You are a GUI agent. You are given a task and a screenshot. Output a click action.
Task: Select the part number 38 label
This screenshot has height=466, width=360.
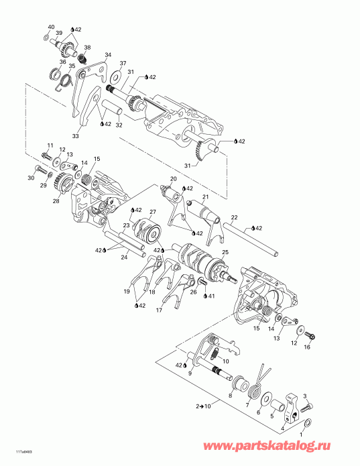[87, 48]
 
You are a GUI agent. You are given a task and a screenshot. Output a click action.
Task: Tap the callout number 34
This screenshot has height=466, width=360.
[108, 55]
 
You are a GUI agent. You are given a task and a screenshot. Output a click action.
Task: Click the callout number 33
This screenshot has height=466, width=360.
[75, 136]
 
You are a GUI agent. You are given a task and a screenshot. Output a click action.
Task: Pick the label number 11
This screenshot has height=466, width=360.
[50, 145]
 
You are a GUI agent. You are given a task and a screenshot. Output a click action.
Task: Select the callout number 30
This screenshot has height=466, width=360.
[31, 178]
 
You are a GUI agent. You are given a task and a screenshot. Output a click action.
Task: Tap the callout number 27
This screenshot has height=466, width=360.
[152, 212]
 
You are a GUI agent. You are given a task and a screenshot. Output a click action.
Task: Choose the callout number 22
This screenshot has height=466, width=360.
[234, 217]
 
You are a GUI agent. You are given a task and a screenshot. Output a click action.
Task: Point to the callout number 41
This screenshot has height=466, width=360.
[212, 296]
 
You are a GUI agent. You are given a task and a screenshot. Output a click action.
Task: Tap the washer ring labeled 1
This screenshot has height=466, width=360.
[308, 424]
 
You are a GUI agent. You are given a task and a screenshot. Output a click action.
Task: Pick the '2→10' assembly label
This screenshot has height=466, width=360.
[203, 406]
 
